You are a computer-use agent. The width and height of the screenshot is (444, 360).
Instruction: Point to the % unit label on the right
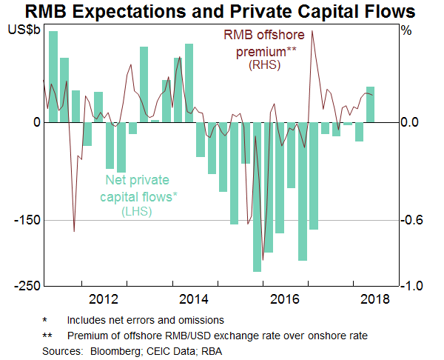click(x=406, y=31)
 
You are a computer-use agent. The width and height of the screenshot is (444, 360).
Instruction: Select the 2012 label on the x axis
click(x=104, y=299)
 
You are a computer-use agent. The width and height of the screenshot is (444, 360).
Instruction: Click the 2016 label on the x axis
click(x=284, y=299)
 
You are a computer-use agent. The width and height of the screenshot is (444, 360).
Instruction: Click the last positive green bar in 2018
click(x=370, y=104)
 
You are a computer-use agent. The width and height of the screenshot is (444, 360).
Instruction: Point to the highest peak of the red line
click(x=313, y=31)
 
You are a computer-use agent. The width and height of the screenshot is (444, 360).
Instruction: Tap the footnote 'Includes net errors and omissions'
click(x=145, y=321)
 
